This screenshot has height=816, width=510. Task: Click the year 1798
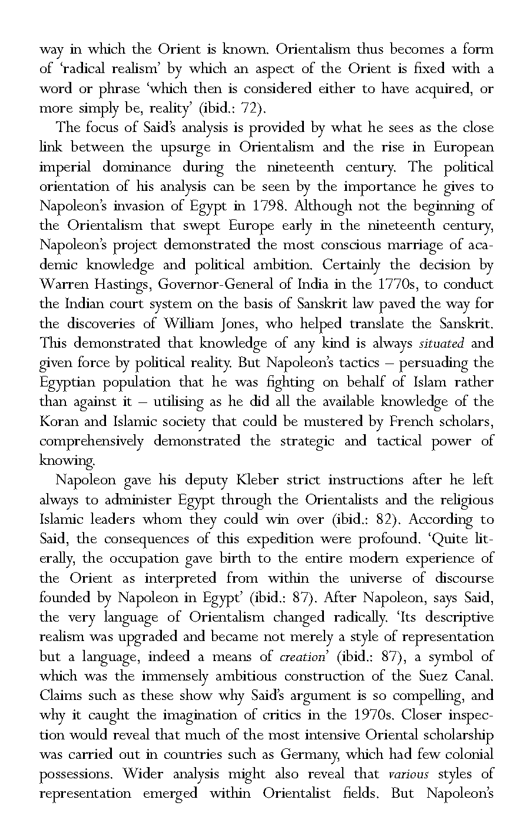pos(273,206)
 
